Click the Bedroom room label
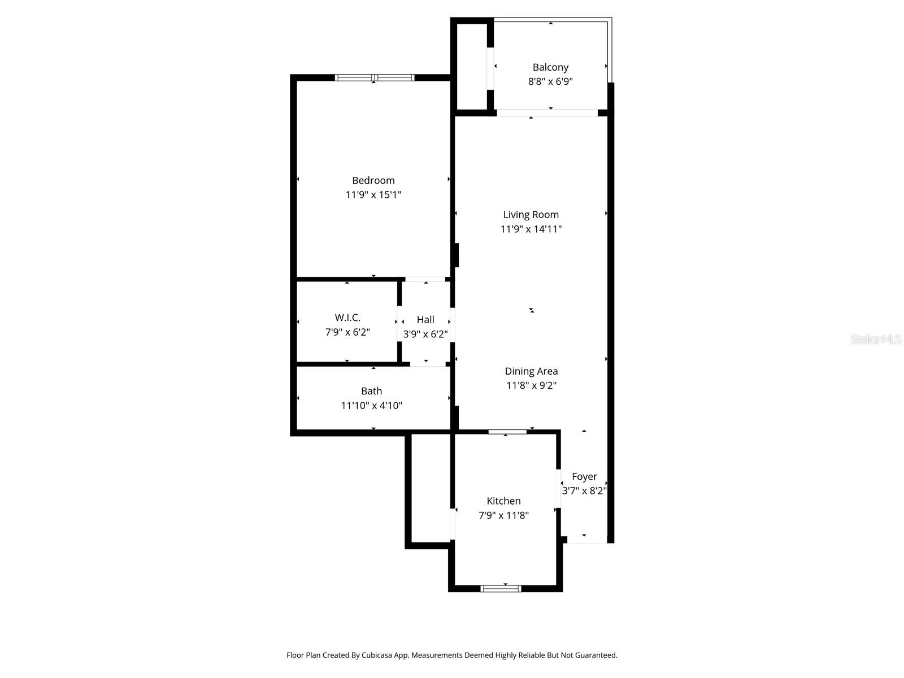pos(373,181)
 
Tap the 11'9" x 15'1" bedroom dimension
pos(373,195)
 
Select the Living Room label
pos(531,215)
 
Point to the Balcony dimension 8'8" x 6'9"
pos(550,81)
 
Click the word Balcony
pos(550,67)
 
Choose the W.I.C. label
pos(347,318)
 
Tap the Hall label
pos(425,320)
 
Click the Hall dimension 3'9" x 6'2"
pos(425,334)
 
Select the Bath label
pos(371,391)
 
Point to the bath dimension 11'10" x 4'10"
pos(371,405)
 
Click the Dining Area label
pos(531,371)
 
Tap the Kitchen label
pos(503,501)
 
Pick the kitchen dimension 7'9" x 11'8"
pos(503,515)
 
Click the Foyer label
pos(584,477)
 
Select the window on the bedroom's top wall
pos(374,77)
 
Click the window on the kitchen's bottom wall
pos(501,588)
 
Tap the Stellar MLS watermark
pos(876,339)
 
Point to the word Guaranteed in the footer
pos(596,655)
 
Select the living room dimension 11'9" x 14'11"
pos(531,229)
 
